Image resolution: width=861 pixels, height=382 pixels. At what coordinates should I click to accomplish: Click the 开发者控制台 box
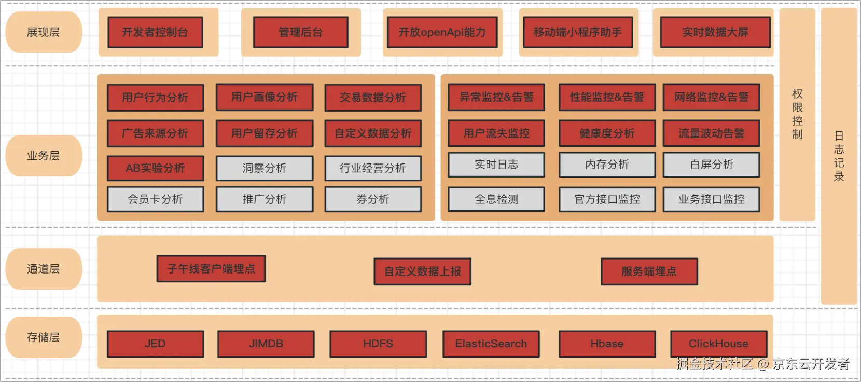tap(155, 32)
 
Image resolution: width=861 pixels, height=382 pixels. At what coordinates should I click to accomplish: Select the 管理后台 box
tap(301, 32)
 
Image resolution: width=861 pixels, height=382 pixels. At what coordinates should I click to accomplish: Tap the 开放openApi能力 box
tap(442, 32)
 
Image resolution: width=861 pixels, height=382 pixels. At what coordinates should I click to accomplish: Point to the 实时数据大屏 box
tap(715, 32)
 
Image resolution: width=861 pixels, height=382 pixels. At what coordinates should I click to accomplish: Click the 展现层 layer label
tap(44, 32)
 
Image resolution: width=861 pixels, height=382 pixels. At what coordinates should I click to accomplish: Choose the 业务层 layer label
tap(44, 156)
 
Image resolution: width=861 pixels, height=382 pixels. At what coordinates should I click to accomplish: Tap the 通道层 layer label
tap(44, 269)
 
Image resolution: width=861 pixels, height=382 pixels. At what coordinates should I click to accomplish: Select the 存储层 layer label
tap(44, 337)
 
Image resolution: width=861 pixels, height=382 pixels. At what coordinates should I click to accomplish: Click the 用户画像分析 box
tap(265, 98)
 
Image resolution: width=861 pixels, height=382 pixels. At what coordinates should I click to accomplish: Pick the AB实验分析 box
tap(155, 168)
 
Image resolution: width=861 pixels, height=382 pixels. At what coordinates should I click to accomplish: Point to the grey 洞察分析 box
tap(265, 168)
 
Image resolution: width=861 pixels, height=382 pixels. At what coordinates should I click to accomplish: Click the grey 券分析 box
tap(373, 199)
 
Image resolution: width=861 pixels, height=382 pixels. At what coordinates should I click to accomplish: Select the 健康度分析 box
tap(607, 133)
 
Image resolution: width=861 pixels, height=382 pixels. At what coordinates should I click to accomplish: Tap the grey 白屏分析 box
tap(712, 165)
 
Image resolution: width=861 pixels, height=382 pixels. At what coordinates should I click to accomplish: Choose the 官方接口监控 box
tap(607, 199)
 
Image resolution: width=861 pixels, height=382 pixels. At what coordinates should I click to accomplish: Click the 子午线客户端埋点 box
tap(211, 269)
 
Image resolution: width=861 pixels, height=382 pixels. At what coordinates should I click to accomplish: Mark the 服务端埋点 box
tap(649, 271)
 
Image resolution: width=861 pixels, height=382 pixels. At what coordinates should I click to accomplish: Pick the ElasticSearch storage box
tap(491, 344)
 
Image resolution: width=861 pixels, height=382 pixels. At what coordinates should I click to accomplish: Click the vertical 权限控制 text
tap(797, 114)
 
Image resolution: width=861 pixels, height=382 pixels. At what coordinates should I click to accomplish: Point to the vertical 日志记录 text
tap(839, 156)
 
